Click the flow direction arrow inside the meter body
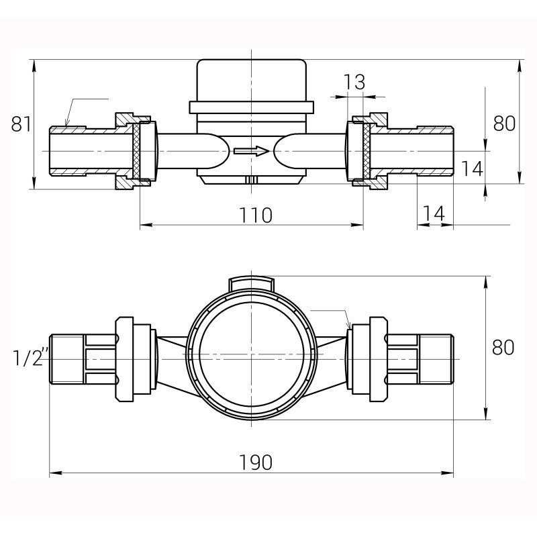(251, 151)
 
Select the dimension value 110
(256, 215)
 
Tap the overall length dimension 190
(256, 462)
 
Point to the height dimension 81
(21, 124)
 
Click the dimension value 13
(354, 83)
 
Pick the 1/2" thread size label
(28, 358)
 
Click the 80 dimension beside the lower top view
(503, 347)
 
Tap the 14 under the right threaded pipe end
(434, 213)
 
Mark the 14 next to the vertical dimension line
(473, 168)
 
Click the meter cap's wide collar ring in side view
(252, 107)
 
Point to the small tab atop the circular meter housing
(252, 284)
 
